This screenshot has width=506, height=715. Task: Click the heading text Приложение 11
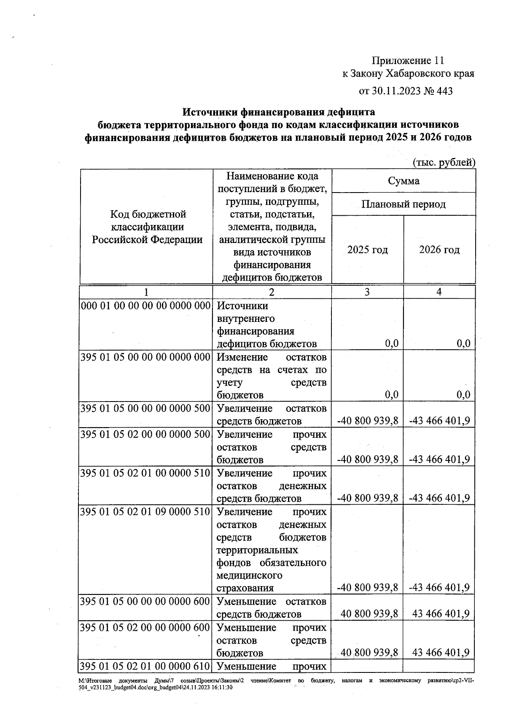tap(408, 61)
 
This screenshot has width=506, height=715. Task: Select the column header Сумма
tap(404, 181)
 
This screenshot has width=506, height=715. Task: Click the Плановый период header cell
tap(404, 204)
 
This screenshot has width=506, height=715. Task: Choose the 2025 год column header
tap(367, 249)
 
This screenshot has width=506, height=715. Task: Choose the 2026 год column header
tap(439, 249)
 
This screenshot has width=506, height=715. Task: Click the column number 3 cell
tap(367, 292)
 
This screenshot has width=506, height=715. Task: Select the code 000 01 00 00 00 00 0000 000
tap(145, 305)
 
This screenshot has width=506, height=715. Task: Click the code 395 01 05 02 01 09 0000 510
tap(145, 512)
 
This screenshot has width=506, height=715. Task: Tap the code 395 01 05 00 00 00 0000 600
tap(145, 601)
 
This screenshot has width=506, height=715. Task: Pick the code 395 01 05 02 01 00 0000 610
tap(145, 666)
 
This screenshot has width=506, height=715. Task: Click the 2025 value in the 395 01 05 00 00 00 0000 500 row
tap(368, 421)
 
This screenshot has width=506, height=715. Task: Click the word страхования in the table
tap(245, 588)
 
